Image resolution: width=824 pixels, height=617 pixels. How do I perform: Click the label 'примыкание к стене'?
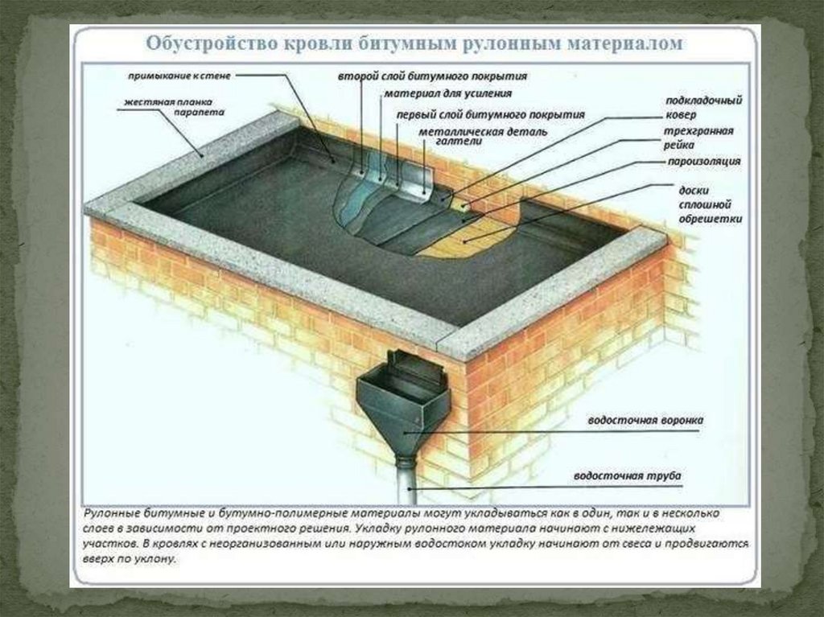(x=179, y=76)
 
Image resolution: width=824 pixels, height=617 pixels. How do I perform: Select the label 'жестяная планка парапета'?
(x=174, y=107)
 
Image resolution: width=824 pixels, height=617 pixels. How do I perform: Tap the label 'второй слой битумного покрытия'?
(x=432, y=76)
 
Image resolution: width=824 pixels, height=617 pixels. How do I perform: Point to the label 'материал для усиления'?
(x=447, y=93)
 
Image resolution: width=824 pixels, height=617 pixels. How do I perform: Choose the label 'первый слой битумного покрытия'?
(x=490, y=114)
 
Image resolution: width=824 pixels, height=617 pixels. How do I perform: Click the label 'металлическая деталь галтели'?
(x=483, y=136)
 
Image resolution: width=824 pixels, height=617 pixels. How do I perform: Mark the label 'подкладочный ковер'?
(x=703, y=107)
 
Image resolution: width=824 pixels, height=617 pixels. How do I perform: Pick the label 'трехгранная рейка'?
(x=698, y=138)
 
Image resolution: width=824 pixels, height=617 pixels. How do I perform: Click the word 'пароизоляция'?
(x=704, y=162)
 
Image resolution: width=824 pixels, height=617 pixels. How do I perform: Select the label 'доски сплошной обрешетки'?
(x=710, y=204)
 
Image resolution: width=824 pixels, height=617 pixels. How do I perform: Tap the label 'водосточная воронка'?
(x=645, y=421)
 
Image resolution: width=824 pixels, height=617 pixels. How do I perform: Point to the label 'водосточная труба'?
(x=627, y=476)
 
